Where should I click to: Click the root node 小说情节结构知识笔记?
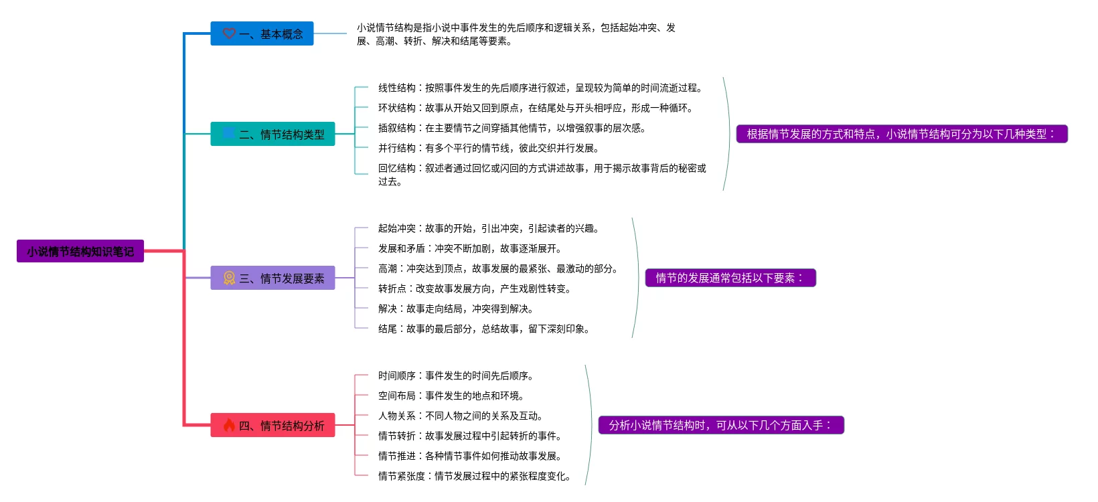click(x=80, y=251)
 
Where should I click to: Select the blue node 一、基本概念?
click(x=262, y=33)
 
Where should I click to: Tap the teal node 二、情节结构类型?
click(x=272, y=134)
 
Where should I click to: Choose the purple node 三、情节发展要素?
click(x=272, y=278)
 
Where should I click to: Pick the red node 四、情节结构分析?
click(x=272, y=425)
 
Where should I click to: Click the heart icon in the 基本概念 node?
click(x=229, y=33)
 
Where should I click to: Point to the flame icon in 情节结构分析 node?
click(x=229, y=424)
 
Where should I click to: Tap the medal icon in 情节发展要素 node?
click(x=229, y=278)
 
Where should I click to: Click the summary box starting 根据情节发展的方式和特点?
click(x=901, y=134)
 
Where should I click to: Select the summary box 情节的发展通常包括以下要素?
click(x=730, y=278)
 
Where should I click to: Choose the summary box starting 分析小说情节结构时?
click(x=720, y=425)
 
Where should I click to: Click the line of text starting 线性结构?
click(x=540, y=88)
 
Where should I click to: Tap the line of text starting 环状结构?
click(x=536, y=108)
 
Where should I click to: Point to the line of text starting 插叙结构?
click(x=512, y=128)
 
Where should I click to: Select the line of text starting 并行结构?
click(x=489, y=148)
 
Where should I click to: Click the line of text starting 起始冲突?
click(x=489, y=228)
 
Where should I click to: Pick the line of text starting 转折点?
click(x=475, y=288)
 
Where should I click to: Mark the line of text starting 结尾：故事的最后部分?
click(x=484, y=329)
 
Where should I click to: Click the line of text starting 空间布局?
click(x=451, y=396)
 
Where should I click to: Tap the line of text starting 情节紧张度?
click(x=475, y=476)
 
